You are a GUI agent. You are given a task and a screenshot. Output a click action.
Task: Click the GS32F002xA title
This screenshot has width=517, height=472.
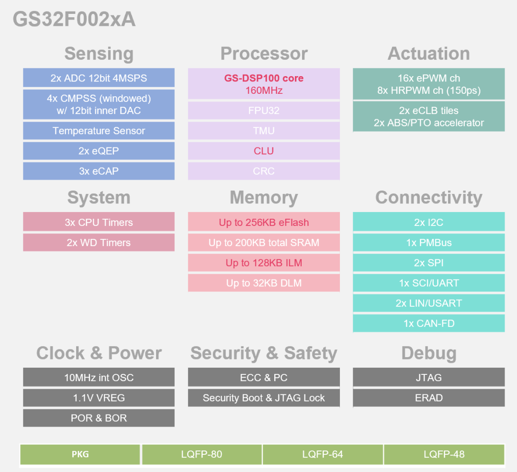pyautogui.click(x=74, y=20)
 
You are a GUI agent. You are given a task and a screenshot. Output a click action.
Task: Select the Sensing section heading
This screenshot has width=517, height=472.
pyautogui.click(x=99, y=54)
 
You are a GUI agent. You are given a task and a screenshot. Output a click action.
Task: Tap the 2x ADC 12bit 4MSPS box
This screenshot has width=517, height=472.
pyautogui.click(x=99, y=78)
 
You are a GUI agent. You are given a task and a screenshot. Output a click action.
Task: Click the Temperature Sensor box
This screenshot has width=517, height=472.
pyautogui.click(x=99, y=131)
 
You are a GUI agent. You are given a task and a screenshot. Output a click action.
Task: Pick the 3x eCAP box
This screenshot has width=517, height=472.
pyautogui.click(x=99, y=171)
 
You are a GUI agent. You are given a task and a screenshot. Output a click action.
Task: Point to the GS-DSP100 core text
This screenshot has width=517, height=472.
pyautogui.click(x=264, y=78)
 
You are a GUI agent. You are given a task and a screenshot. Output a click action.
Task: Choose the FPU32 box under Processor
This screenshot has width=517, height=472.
pyautogui.click(x=264, y=111)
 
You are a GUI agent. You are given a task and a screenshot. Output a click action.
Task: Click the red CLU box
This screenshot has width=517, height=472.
pyautogui.click(x=264, y=151)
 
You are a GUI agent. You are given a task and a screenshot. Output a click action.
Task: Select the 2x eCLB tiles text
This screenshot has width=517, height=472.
pyautogui.click(x=428, y=111)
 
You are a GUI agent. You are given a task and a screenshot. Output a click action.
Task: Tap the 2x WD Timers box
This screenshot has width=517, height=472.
pyautogui.click(x=99, y=243)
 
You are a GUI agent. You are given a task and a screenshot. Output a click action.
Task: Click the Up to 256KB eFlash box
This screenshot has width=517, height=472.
pyautogui.click(x=264, y=223)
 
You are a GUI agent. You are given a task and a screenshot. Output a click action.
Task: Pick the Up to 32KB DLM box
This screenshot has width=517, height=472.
pyautogui.click(x=264, y=283)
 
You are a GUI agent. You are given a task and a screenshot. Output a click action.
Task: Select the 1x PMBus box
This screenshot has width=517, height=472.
pyautogui.click(x=428, y=243)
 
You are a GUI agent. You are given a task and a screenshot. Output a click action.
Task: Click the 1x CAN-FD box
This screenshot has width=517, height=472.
pyautogui.click(x=428, y=323)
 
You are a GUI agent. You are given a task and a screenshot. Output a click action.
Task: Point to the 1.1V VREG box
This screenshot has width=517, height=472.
pyautogui.click(x=99, y=398)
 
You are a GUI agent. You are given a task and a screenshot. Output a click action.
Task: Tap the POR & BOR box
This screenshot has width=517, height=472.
pyautogui.click(x=99, y=418)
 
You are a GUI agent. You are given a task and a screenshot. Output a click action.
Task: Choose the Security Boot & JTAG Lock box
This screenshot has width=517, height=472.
pyautogui.click(x=264, y=398)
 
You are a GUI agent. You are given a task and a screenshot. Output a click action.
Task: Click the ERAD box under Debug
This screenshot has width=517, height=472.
pyautogui.click(x=428, y=398)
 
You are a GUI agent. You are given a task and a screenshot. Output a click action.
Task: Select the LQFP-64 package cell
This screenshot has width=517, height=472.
pyautogui.click(x=323, y=454)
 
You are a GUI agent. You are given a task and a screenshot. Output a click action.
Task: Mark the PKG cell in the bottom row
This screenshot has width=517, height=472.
pyautogui.click(x=80, y=454)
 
